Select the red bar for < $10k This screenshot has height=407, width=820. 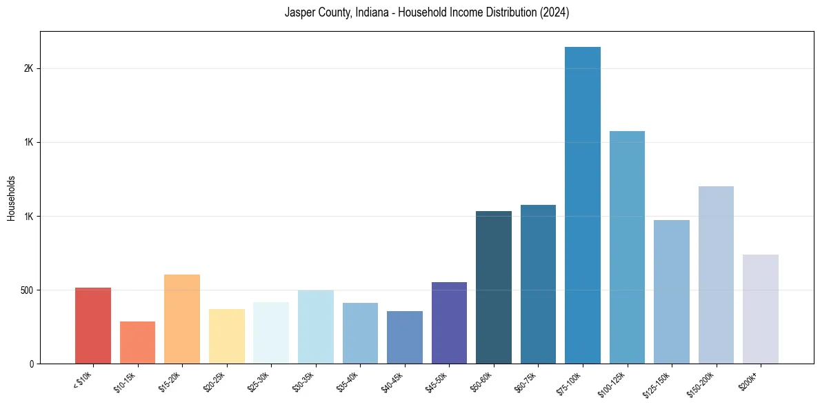click(x=93, y=326)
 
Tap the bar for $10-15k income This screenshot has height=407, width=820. click(x=137, y=342)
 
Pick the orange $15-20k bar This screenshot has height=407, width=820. click(x=182, y=319)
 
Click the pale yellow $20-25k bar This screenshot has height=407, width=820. click(x=226, y=336)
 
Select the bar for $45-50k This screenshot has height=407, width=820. click(x=449, y=323)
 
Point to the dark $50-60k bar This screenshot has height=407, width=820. click(x=494, y=287)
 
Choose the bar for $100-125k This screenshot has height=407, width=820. click(x=627, y=247)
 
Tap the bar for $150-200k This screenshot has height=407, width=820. click(x=716, y=275)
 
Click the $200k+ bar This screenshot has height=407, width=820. click(x=760, y=309)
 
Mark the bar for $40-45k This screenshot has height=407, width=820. click(x=405, y=337)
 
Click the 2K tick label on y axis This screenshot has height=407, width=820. click(x=28, y=69)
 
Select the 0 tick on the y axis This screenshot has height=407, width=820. click(x=31, y=364)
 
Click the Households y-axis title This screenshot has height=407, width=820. click(x=11, y=198)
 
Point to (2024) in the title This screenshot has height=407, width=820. click(x=555, y=13)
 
